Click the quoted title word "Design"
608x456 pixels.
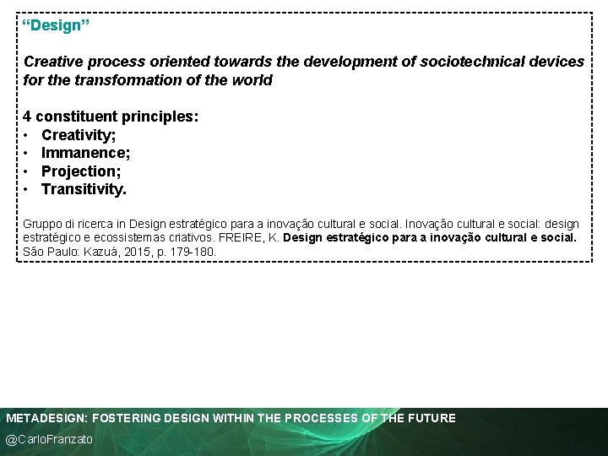(57, 25)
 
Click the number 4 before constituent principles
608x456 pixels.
(28, 117)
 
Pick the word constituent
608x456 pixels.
(76, 117)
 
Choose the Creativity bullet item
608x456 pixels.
(79, 135)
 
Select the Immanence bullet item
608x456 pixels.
(85, 153)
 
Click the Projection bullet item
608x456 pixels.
(81, 171)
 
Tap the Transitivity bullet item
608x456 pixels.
(84, 189)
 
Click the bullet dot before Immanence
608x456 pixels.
(28, 154)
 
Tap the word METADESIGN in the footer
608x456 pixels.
(46, 418)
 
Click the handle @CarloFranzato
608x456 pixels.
(50, 440)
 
